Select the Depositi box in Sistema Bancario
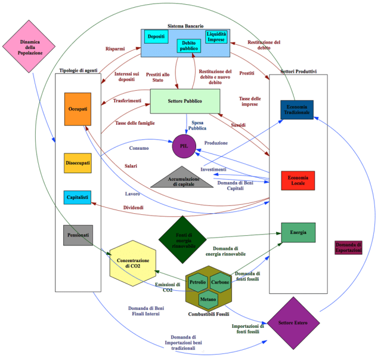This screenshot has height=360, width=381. pos(156,37)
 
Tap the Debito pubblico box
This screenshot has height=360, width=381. pos(188,47)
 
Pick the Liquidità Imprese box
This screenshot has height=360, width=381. pos(216,37)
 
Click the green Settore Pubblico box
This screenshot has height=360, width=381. pos(185,101)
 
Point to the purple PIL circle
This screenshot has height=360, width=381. pos(184,146)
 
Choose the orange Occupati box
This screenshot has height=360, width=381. pos(78,109)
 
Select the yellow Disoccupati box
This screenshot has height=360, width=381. pos(78,163)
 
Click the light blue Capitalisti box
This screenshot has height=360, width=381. pos(78,196)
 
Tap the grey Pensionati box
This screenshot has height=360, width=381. pos(78,235)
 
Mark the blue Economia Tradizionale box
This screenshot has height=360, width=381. pos(296,110)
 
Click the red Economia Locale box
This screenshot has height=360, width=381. pos(298,180)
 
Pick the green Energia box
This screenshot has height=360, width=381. pos(298,232)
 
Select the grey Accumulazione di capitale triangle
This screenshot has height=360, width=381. pos(181,178)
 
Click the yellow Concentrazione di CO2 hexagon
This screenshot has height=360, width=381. pos(133,263)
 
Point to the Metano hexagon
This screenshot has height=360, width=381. pos(208,299)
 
